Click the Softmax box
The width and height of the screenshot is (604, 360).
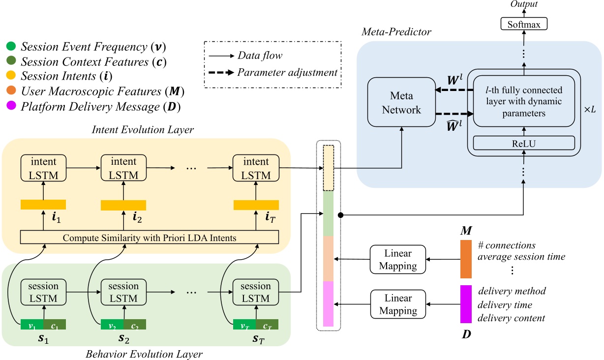[x=523, y=23]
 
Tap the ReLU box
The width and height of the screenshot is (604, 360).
[x=523, y=143]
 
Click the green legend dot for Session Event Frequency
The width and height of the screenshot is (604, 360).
[x=12, y=47]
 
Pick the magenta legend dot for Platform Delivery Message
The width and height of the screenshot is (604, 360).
[x=12, y=106]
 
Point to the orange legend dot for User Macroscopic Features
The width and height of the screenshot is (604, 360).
[x=12, y=91]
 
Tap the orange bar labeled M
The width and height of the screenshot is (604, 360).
[x=465, y=259]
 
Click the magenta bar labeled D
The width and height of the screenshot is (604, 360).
[x=465, y=304]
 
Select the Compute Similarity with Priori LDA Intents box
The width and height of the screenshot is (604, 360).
[x=150, y=238]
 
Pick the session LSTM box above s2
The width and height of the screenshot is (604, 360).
[x=123, y=292]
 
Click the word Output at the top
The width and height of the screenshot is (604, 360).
[x=523, y=4]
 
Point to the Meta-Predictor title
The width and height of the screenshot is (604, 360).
[x=396, y=32]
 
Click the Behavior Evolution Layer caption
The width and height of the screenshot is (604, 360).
[x=144, y=354]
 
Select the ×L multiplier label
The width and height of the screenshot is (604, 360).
[x=589, y=109]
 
